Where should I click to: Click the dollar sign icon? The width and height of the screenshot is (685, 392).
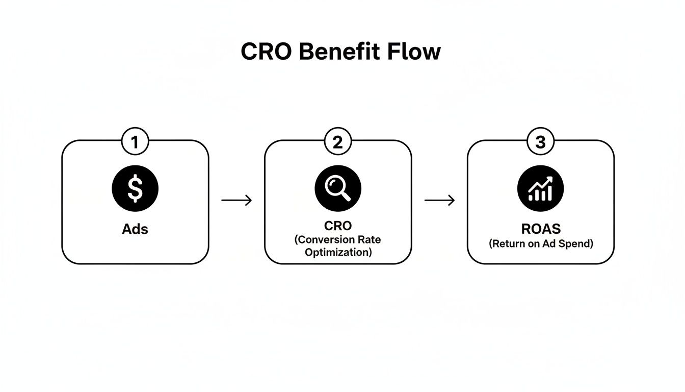[135, 188]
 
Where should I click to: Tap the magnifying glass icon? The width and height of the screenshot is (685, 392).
[338, 188]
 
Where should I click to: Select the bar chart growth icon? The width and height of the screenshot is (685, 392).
[541, 188]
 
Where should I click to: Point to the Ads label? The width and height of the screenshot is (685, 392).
[135, 229]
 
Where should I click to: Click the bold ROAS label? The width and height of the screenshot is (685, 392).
[541, 229]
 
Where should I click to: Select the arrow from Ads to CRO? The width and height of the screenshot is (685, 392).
[236, 201]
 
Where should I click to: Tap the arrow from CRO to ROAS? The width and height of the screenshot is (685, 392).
[439, 201]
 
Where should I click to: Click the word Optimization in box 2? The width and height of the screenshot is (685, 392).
[338, 252]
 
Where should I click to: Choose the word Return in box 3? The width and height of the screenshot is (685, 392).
[509, 244]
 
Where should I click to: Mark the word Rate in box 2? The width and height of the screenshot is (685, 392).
[371, 240]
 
